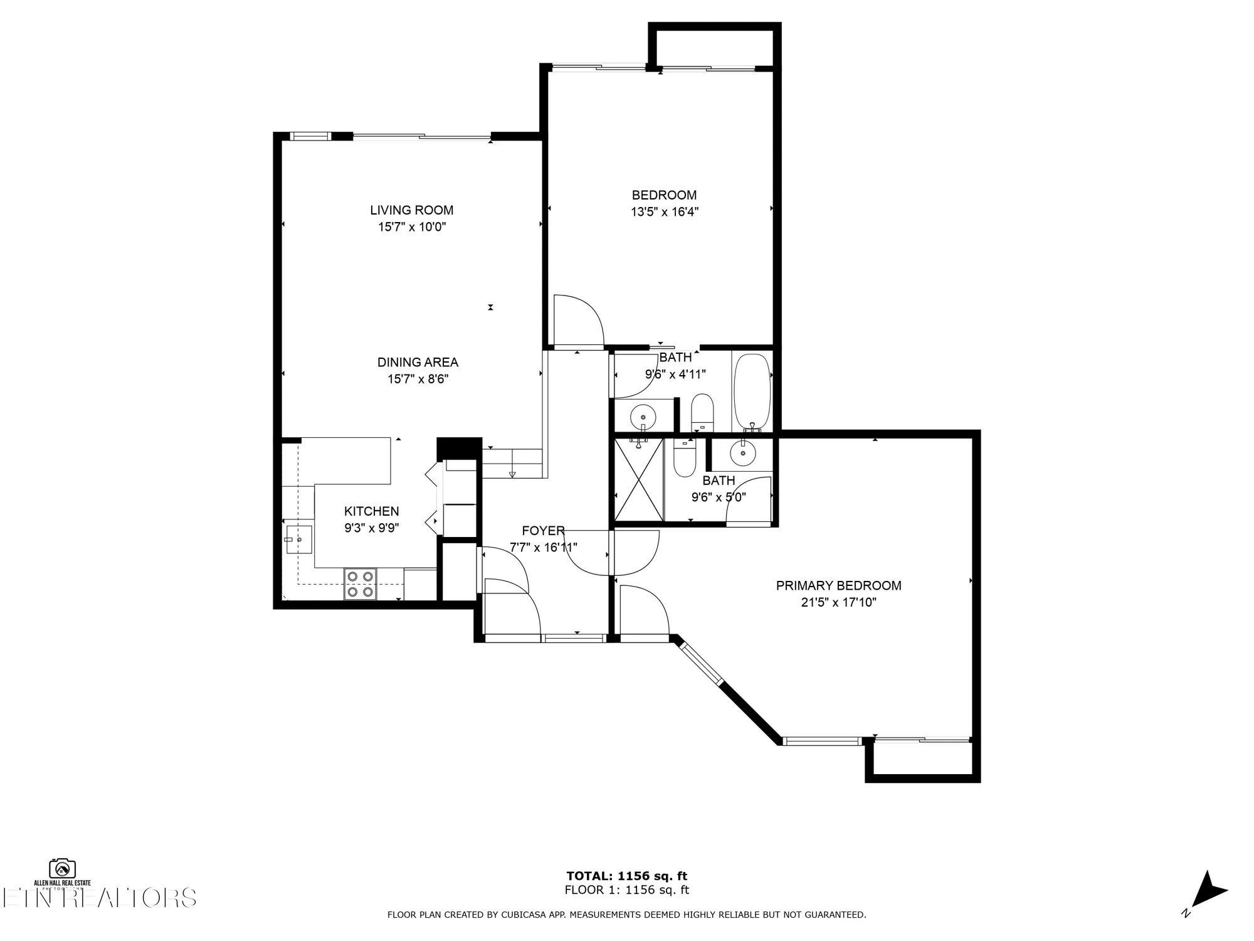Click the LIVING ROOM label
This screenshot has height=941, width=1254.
pos(411,210)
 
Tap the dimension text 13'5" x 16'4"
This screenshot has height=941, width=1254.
pos(664,212)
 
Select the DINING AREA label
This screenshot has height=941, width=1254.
pos(418,362)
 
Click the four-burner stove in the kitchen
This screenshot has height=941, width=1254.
pos(360,584)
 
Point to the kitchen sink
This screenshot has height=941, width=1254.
pos(300,540)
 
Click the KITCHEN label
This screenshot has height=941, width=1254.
pos(371,511)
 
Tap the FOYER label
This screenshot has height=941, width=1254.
pos(543,531)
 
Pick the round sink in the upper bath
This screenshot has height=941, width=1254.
pos(643,415)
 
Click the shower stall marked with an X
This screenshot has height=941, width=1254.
pos(638,479)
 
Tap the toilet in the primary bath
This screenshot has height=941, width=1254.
pos(684,458)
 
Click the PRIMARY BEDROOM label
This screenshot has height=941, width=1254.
pos(838,585)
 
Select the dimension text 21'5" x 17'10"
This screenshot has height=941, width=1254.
pos(838,603)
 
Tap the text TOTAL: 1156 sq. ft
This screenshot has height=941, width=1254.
pos(626,876)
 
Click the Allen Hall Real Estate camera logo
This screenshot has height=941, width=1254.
pos(63,869)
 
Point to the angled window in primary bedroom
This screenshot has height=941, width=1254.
pos(702,662)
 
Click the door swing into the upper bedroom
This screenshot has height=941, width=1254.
pos(577,321)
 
